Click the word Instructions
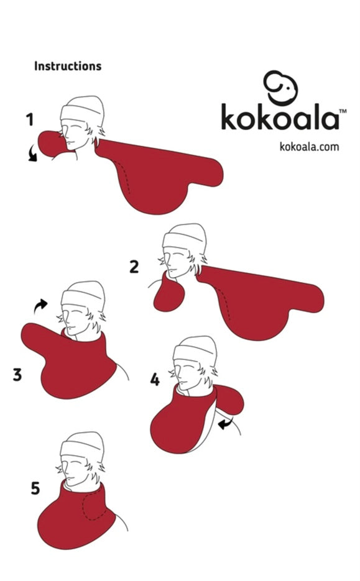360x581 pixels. pyautogui.click(x=68, y=66)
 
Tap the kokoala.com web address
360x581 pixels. pyautogui.click(x=309, y=147)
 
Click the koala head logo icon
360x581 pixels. pyautogui.click(x=280, y=88)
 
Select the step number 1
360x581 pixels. pyautogui.click(x=30, y=120)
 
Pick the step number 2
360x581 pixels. pyautogui.click(x=134, y=267)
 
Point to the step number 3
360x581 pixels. pyautogui.click(x=17, y=374)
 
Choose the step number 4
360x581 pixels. pyautogui.click(x=155, y=380)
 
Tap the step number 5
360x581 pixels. pyautogui.click(x=35, y=488)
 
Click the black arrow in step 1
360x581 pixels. pyautogui.click(x=32, y=153)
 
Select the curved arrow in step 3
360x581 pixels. pyautogui.click(x=40, y=306)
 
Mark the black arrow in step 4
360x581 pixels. pyautogui.click(x=225, y=423)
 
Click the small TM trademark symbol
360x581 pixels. pyautogui.click(x=343, y=111)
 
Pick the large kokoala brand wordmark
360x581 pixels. pyautogui.click(x=280, y=117)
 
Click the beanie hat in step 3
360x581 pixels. pyautogui.click(x=83, y=295)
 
